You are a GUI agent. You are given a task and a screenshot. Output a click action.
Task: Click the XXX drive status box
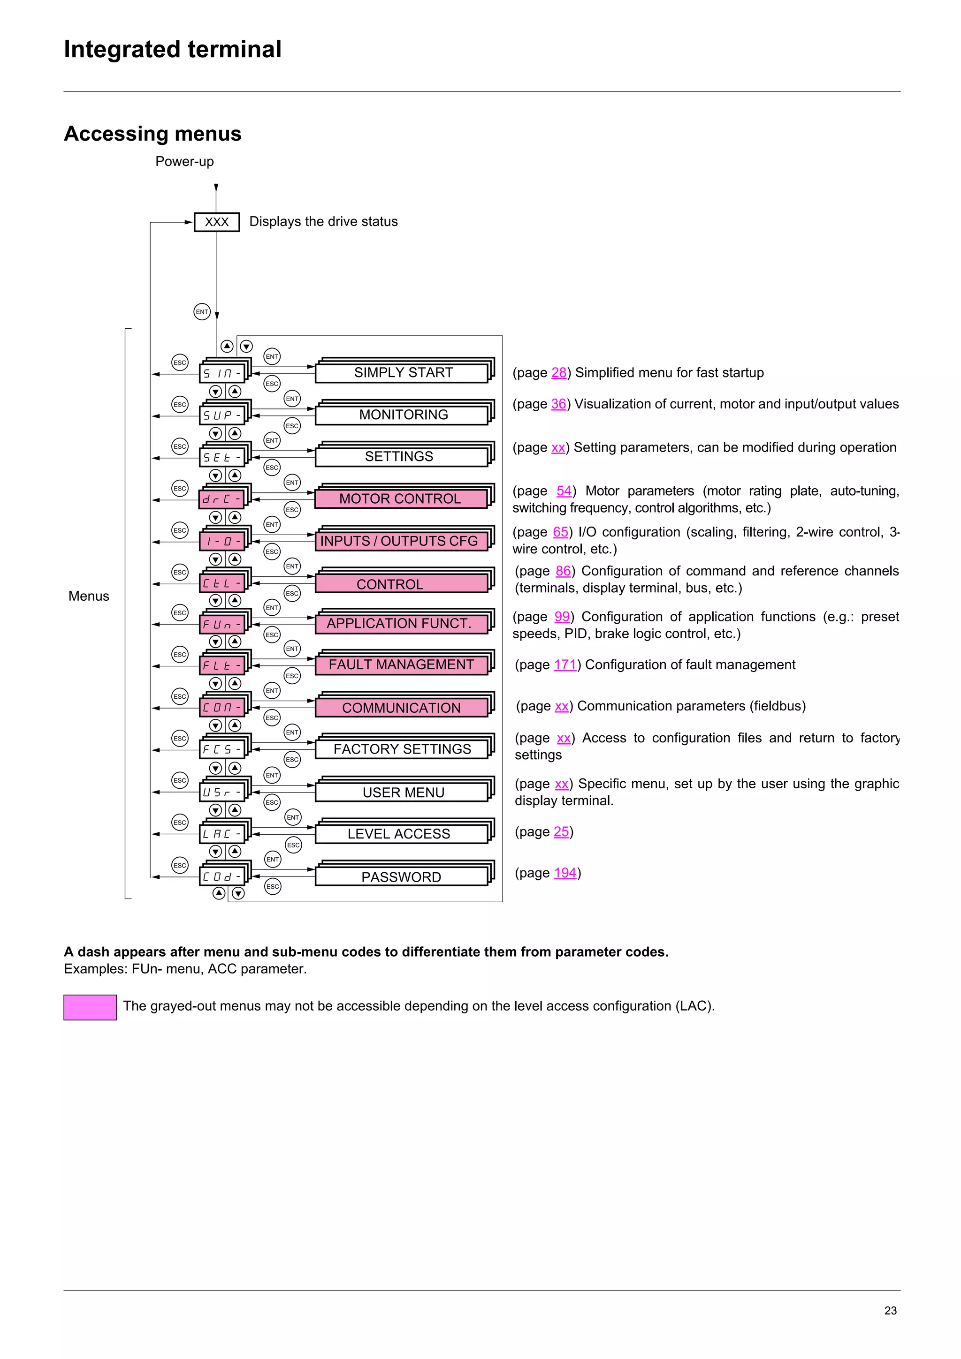[217, 222]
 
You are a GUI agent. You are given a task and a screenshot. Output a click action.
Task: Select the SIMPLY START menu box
[403, 373]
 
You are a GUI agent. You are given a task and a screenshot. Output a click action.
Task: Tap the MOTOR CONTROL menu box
[400, 499]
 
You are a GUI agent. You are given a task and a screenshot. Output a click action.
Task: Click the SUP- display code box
[221, 415]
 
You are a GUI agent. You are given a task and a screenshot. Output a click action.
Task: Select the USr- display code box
[221, 793]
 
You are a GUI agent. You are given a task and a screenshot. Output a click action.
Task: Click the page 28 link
[558, 373]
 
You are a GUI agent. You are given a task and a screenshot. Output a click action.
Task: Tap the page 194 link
[565, 873]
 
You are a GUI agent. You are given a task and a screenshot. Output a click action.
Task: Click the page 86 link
[563, 571]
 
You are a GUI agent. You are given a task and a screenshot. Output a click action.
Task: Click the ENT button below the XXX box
[202, 312]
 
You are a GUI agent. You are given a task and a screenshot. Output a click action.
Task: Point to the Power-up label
[184, 162]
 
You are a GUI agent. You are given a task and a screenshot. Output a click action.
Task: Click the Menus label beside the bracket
[89, 596]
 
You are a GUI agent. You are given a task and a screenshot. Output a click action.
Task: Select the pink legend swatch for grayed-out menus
[90, 1007]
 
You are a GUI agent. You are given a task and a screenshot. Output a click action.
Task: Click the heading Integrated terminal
[172, 49]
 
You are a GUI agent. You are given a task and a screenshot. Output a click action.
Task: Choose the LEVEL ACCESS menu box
[398, 834]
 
